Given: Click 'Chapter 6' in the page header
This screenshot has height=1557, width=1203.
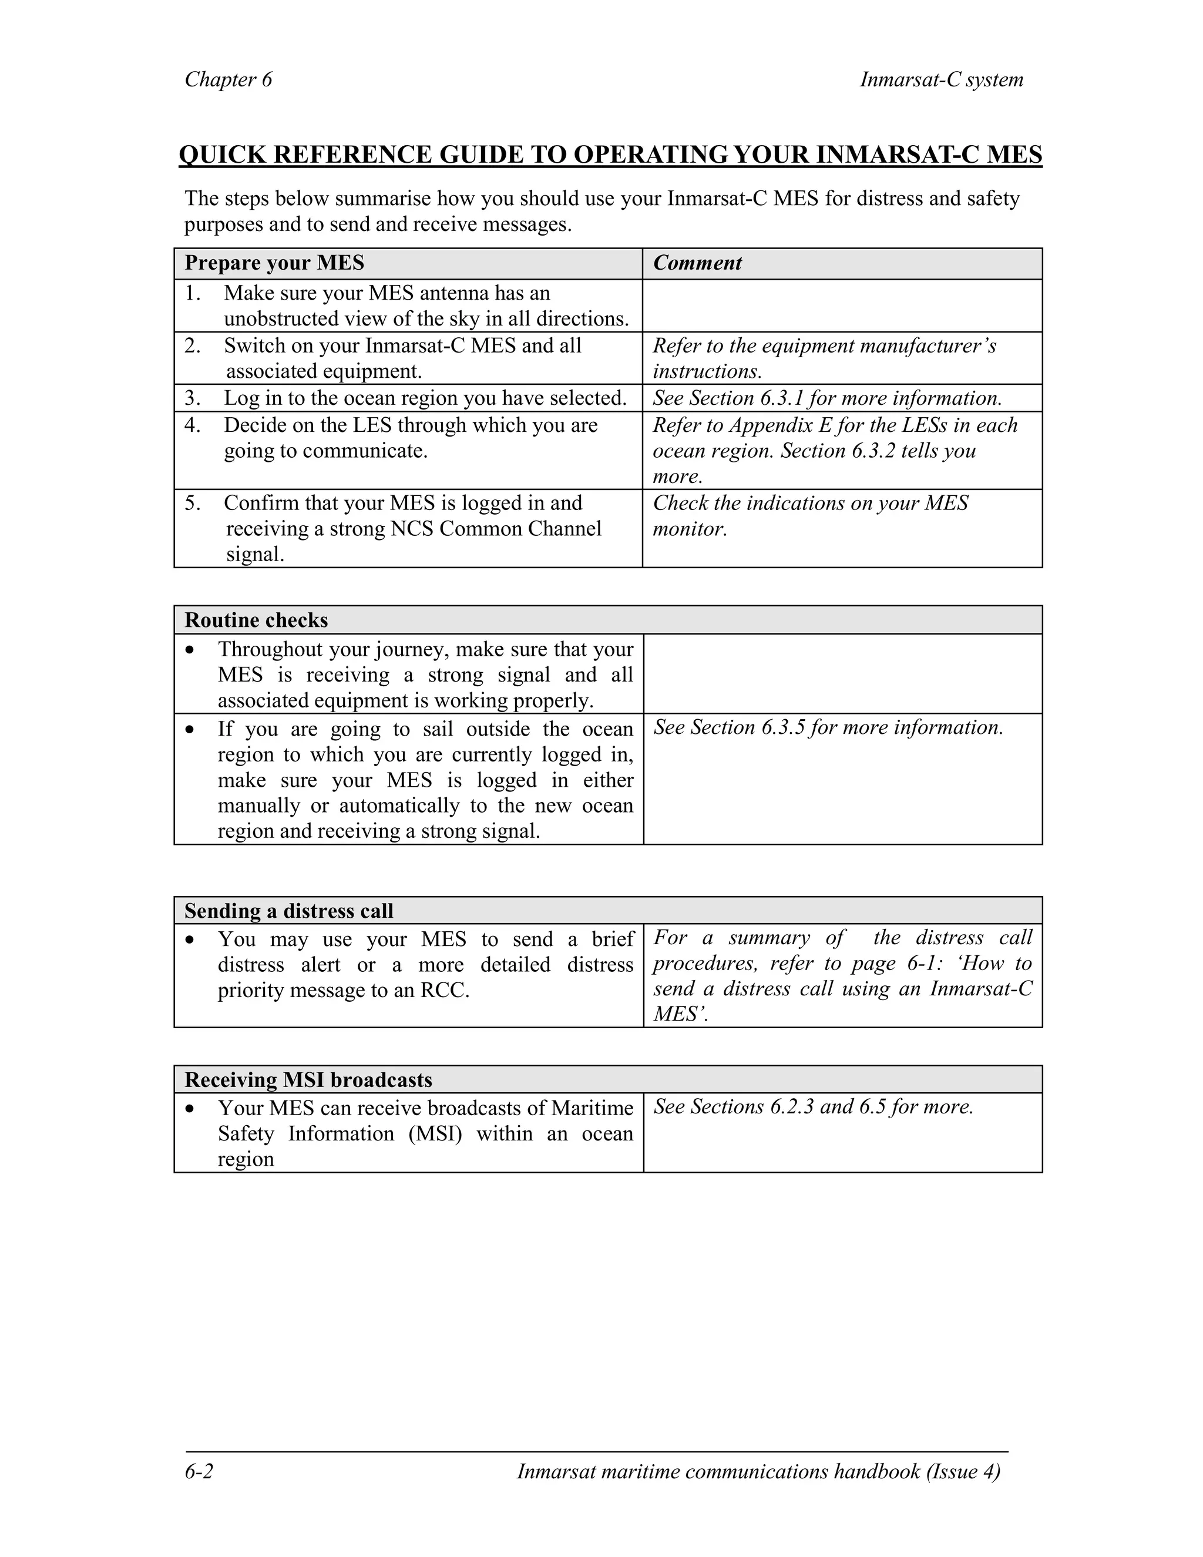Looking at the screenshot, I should tap(228, 79).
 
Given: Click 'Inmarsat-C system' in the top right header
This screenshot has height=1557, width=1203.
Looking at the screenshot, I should tap(941, 79).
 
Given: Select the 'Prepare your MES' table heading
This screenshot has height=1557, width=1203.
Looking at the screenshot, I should tap(274, 263).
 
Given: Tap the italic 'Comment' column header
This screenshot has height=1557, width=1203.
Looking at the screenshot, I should tap(697, 263).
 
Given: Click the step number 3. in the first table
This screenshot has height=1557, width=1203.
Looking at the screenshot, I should tap(193, 398).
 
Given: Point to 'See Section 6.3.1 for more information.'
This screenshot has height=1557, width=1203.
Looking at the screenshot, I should tap(826, 398).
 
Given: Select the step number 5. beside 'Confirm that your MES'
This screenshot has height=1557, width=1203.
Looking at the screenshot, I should tap(193, 504).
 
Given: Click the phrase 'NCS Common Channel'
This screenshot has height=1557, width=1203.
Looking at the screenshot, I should tap(496, 529).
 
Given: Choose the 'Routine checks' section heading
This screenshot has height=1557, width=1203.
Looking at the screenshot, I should tap(256, 620).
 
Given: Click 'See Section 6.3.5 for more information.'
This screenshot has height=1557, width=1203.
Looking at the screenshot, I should tap(828, 727).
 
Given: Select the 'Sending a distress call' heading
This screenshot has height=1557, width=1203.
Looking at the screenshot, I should tap(288, 911).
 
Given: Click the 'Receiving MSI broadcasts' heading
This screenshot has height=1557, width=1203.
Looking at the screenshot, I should tap(308, 1080).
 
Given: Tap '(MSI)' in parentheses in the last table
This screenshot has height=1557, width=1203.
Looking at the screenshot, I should tap(435, 1133).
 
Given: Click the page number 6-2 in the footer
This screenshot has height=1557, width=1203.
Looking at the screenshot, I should tap(199, 1472).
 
